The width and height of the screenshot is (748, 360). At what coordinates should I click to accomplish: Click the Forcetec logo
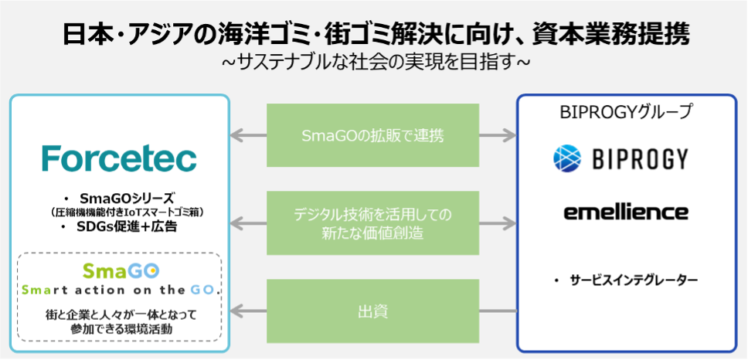point(120,158)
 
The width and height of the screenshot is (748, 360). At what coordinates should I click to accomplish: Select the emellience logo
point(626,211)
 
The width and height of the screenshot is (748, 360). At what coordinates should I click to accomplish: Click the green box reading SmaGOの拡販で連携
point(372,136)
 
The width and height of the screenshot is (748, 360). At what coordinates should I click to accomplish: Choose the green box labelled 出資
point(372,312)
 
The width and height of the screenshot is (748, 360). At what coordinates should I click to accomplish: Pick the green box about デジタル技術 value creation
point(372,223)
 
